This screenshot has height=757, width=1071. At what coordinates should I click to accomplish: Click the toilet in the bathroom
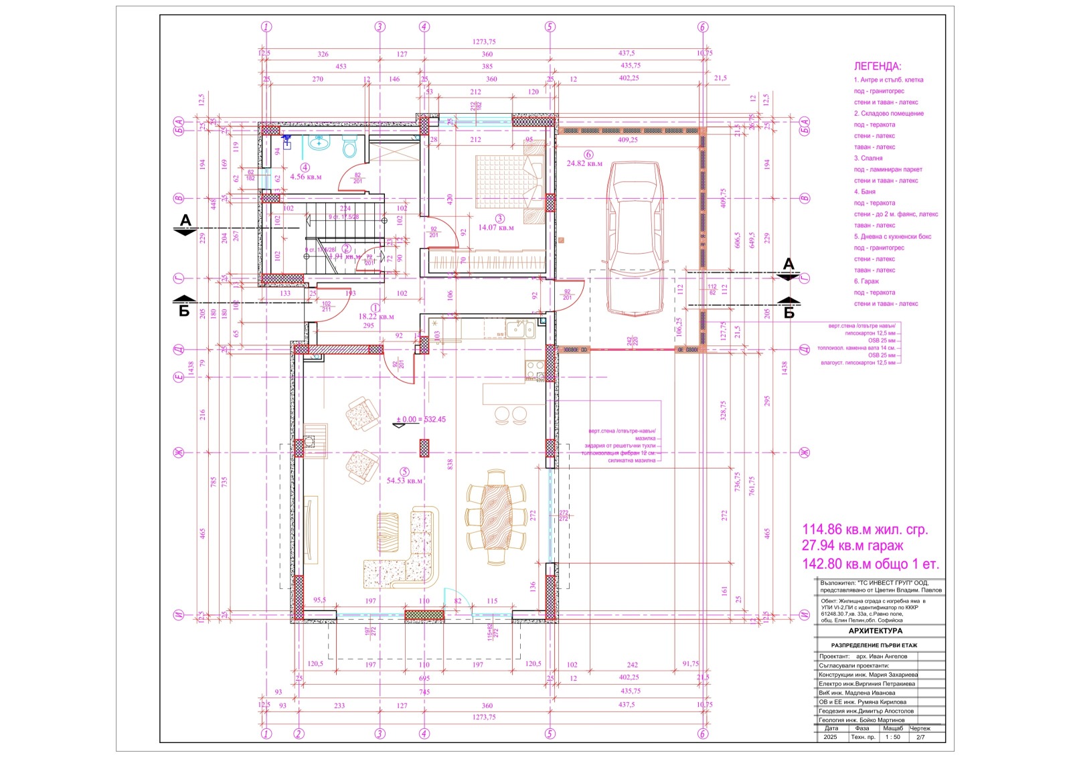(x=349, y=147)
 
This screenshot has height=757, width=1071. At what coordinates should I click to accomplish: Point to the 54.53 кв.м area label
(x=404, y=481)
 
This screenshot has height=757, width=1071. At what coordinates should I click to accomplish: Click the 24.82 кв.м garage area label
(x=584, y=163)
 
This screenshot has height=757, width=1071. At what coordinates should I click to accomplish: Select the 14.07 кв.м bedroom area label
(x=496, y=228)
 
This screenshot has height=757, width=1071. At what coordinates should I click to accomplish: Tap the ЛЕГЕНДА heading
(x=877, y=67)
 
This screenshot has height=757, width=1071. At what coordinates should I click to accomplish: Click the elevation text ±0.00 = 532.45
(x=420, y=420)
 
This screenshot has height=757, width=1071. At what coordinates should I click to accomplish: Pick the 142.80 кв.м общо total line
(x=870, y=564)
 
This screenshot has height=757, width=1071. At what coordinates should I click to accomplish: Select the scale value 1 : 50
(x=892, y=737)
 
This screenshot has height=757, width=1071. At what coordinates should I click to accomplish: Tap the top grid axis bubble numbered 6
(x=702, y=27)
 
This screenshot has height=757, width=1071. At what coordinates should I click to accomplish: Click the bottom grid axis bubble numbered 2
(x=299, y=734)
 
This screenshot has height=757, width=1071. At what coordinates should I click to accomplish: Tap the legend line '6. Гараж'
(x=866, y=281)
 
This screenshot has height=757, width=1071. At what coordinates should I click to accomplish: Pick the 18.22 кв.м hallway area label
(x=376, y=317)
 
